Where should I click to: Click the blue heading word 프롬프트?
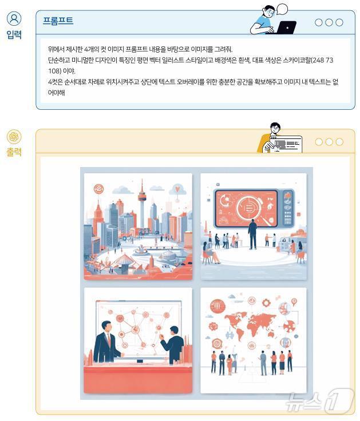tap(58, 21)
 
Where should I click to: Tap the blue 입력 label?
tap(14, 35)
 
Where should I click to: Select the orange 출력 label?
tap(14, 152)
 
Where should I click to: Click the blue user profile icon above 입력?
tap(14, 19)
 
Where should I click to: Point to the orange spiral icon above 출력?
tap(14, 137)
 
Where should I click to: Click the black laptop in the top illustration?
tap(286, 27)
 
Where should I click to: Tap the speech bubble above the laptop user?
tap(282, 9)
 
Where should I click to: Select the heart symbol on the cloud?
tap(179, 189)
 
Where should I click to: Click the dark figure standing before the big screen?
tap(252, 234)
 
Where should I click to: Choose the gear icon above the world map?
tap(266, 302)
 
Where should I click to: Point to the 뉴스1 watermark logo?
tap(320, 402)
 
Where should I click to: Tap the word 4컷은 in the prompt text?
tap(56, 82)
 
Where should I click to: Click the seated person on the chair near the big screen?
tap(207, 255)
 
